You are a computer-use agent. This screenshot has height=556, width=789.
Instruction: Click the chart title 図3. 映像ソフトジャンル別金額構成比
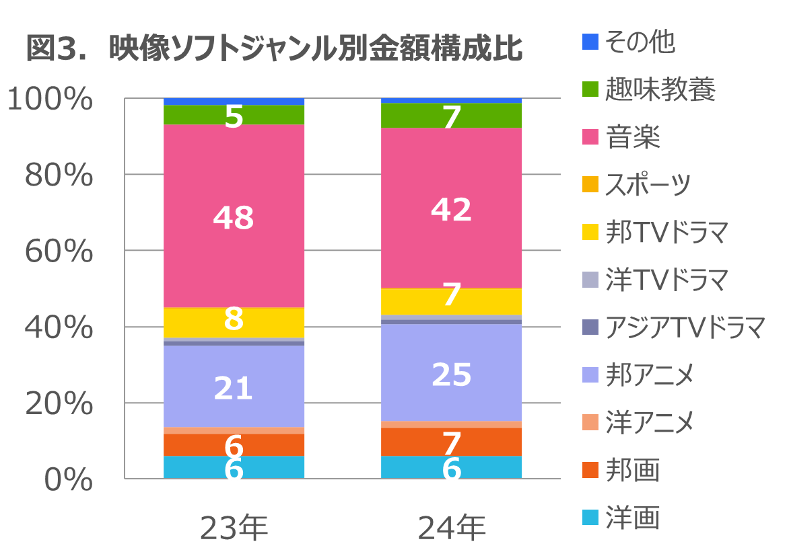[x=274, y=50]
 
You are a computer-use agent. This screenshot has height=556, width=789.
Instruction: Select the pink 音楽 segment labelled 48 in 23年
[x=234, y=202]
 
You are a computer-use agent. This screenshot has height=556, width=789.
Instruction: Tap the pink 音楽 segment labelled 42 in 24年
[x=452, y=195]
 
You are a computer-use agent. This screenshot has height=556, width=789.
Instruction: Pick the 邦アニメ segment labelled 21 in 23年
[x=234, y=376]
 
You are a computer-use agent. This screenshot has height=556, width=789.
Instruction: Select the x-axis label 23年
[x=234, y=528]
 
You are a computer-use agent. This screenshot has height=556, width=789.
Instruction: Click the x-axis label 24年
[x=452, y=528]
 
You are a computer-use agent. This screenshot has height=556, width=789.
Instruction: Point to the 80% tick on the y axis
[x=59, y=176]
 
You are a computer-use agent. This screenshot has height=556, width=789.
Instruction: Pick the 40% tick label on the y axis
[x=59, y=328]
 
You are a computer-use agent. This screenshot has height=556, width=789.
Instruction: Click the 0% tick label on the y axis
[x=68, y=480]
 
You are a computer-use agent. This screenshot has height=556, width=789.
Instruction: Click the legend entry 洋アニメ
[x=649, y=423]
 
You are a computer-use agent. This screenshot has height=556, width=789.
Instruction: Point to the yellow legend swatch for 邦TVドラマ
[x=590, y=233]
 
